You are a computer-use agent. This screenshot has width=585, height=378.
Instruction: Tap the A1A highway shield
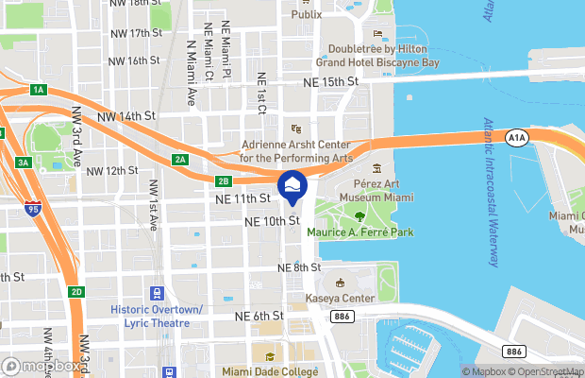pyautogui.click(x=515, y=138)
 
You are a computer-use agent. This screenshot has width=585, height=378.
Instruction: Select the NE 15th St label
pyautogui.click(x=332, y=82)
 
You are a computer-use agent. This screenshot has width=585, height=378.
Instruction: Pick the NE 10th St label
pyautogui.click(x=272, y=221)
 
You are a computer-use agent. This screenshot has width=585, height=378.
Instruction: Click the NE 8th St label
pyautogui.click(x=300, y=268)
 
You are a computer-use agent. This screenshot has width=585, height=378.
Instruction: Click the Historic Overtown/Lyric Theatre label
pyautogui.click(x=157, y=316)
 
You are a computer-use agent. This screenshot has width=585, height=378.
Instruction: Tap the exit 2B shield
pyautogui.click(x=223, y=180)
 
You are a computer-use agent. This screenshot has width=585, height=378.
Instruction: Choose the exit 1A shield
pyautogui.click(x=38, y=90)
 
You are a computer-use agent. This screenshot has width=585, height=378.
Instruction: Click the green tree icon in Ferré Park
pyautogui.click(x=359, y=216)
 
